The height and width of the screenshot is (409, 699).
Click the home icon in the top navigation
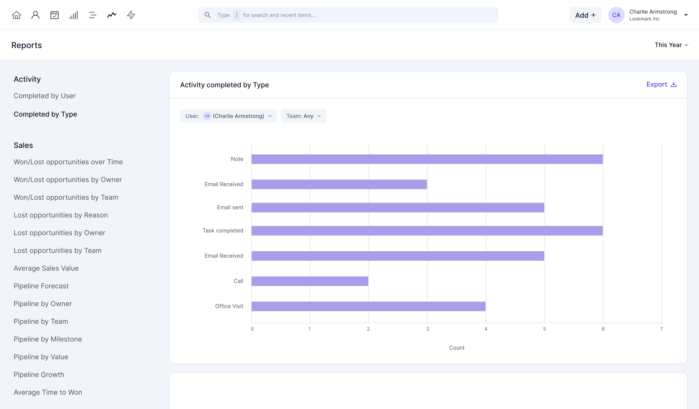point(17,15)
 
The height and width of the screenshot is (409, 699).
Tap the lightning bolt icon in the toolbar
point(131,15)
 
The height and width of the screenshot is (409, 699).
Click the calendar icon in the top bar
point(54,15)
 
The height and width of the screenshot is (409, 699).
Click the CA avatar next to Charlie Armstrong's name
point(616,15)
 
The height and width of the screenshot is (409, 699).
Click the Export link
point(661,85)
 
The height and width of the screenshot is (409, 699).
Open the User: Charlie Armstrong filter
point(228,116)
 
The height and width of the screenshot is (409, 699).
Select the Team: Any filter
point(303,116)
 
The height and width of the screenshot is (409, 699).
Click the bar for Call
point(310,281)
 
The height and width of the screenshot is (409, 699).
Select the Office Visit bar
point(368,306)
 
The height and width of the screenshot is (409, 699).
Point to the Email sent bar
point(398,207)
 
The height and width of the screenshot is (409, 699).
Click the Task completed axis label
point(223,231)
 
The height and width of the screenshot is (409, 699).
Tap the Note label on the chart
point(237,159)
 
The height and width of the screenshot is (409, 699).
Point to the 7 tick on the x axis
point(661,329)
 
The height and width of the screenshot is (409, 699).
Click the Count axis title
point(457,348)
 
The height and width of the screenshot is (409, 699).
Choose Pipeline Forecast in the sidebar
point(41,286)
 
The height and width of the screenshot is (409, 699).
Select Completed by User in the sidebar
point(45,96)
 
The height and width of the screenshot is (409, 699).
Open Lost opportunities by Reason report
point(61,215)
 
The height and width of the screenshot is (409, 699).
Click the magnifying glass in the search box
point(208,15)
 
